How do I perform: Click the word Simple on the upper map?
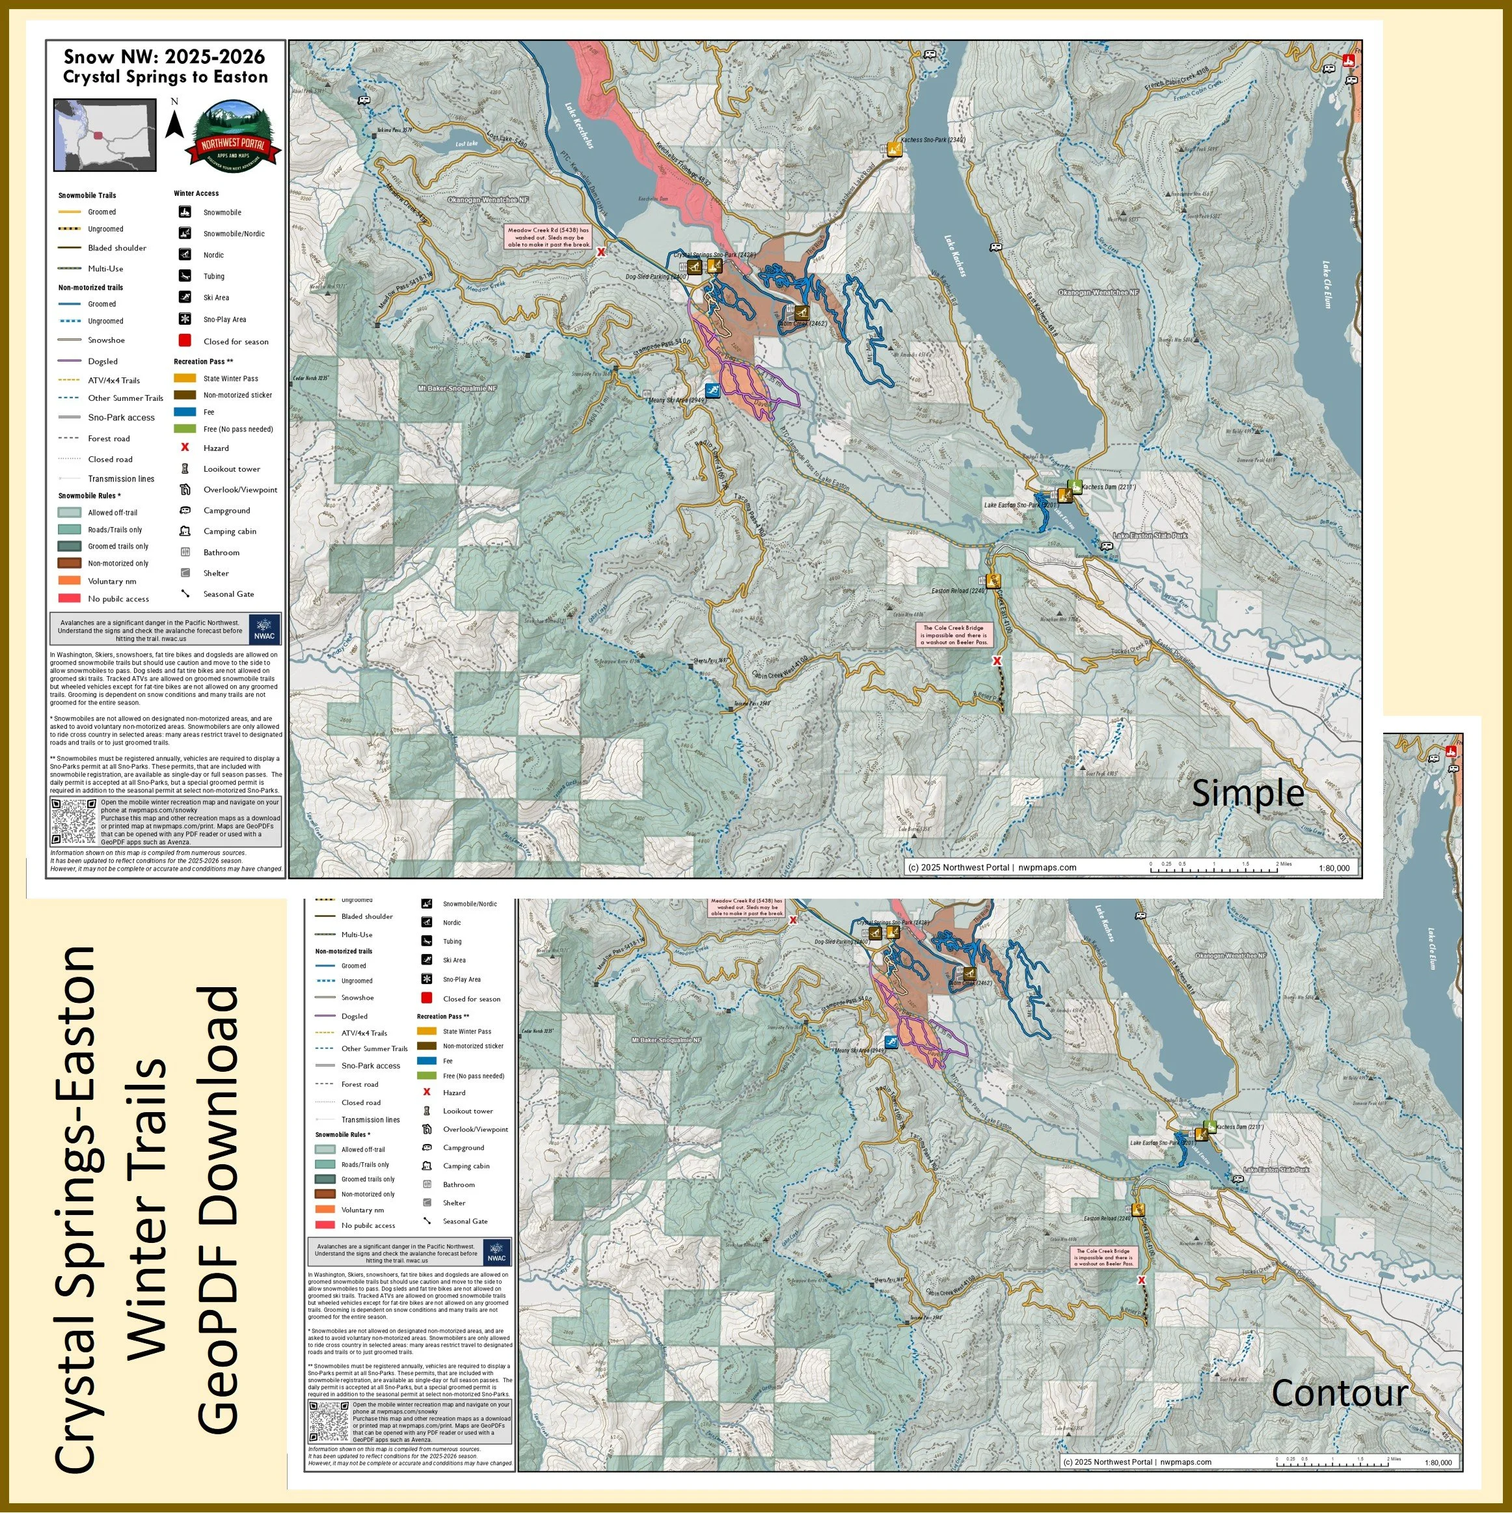click(x=1247, y=793)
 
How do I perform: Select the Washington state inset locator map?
click(x=105, y=135)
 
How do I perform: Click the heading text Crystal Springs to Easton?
click(x=165, y=77)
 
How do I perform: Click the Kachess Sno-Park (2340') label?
click(x=932, y=140)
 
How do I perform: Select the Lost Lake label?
click(x=466, y=144)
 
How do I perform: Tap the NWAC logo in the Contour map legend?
click(x=496, y=1251)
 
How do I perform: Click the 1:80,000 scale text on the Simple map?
click(x=1334, y=867)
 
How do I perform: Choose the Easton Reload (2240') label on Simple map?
click(x=958, y=592)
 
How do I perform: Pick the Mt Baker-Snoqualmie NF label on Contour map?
click(x=666, y=1041)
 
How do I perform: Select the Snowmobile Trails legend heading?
click(x=87, y=195)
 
